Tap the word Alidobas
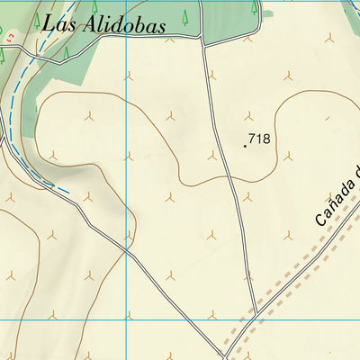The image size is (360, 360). (123, 25)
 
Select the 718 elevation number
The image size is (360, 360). (259, 139)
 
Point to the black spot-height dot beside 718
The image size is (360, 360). (245, 144)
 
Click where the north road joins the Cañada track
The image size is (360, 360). (257, 313)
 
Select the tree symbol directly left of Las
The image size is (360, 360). (37, 18)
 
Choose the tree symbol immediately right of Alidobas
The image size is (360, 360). (185, 15)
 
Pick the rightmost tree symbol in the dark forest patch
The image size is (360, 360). (255, 7)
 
